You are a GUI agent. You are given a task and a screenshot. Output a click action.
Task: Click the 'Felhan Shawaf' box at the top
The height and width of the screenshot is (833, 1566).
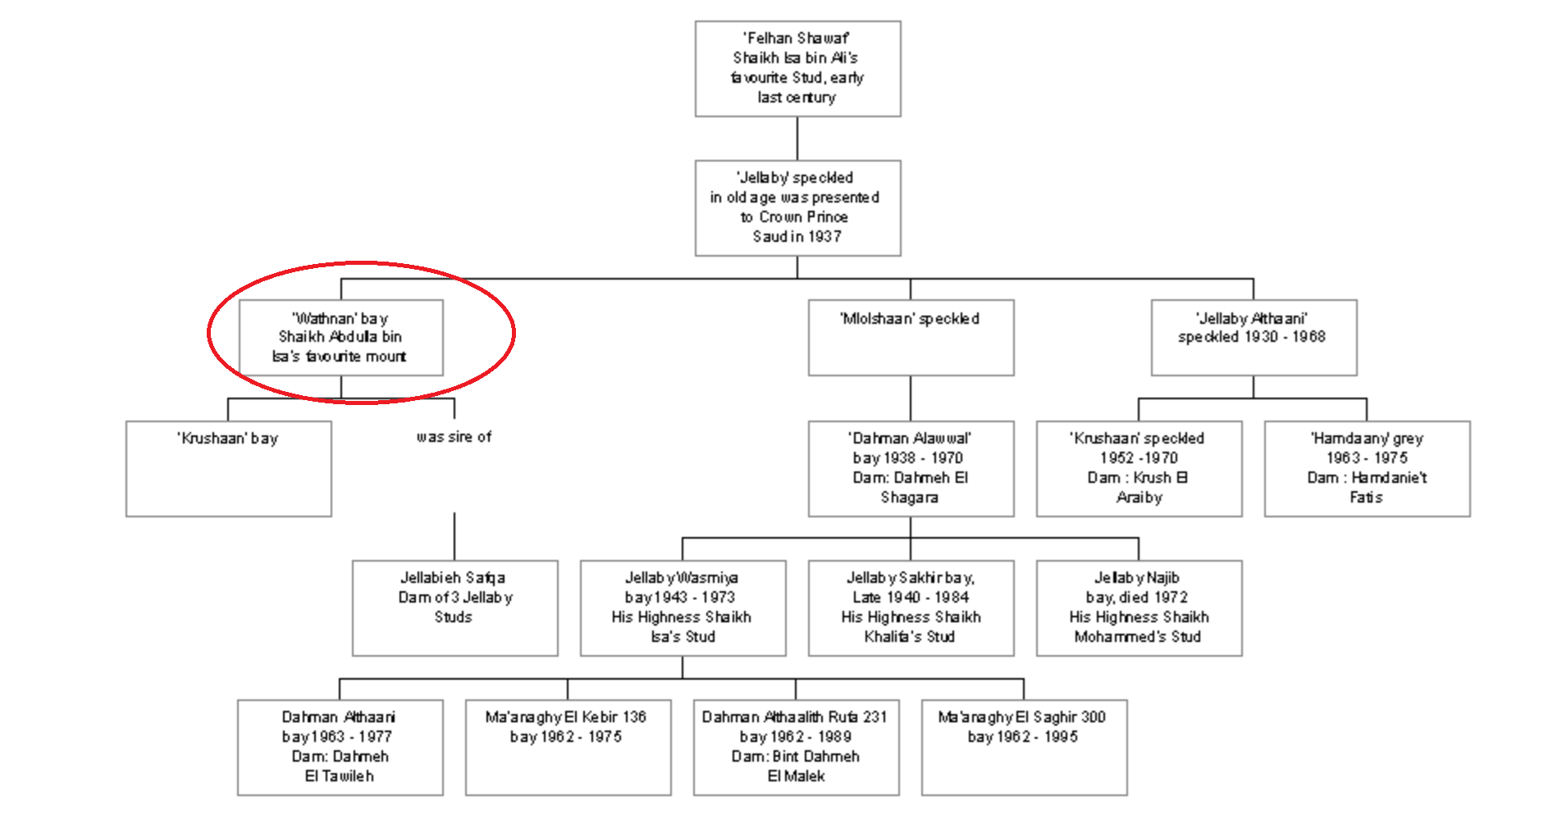click(x=797, y=69)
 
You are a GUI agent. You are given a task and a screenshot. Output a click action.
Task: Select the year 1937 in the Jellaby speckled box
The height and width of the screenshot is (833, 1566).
click(x=824, y=237)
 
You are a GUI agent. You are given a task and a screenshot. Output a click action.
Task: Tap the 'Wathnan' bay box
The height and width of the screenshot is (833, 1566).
click(x=341, y=338)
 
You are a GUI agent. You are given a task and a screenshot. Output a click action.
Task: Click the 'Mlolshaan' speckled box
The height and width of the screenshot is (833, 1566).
click(x=911, y=338)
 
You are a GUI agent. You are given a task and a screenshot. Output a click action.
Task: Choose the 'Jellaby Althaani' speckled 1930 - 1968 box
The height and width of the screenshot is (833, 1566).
click(x=1253, y=338)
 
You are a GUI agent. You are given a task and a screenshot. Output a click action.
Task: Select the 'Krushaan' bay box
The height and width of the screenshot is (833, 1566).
click(x=229, y=469)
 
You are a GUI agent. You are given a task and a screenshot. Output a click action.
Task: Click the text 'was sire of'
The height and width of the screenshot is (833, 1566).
click(x=454, y=437)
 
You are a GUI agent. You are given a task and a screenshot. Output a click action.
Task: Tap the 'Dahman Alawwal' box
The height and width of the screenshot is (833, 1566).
click(x=911, y=469)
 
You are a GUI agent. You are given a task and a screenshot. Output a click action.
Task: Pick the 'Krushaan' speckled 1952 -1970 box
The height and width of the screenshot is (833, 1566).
click(x=1139, y=469)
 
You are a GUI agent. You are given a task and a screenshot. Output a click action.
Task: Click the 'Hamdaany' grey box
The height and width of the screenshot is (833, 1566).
click(x=1367, y=469)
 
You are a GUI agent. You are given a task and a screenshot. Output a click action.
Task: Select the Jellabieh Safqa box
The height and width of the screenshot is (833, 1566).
click(x=455, y=608)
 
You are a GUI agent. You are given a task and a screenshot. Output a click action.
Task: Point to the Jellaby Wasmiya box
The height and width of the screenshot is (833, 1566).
click(x=683, y=608)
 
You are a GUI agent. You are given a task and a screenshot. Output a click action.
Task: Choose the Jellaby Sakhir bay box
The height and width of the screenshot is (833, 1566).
click(x=911, y=608)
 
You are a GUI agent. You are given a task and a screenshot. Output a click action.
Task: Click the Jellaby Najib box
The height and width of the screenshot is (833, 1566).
click(x=1139, y=608)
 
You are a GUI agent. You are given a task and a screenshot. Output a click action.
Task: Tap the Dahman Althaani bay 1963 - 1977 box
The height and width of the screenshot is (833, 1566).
click(x=340, y=748)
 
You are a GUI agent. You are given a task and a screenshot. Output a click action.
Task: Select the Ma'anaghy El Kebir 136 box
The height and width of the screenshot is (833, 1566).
click(x=568, y=748)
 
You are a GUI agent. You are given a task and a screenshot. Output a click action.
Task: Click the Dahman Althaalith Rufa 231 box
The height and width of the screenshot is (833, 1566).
click(x=797, y=748)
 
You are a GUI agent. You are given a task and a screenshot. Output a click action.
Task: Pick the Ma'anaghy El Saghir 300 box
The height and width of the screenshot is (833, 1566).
click(x=1025, y=748)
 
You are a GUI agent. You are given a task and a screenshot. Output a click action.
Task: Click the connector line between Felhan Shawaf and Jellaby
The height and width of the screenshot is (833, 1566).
click(x=797, y=139)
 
